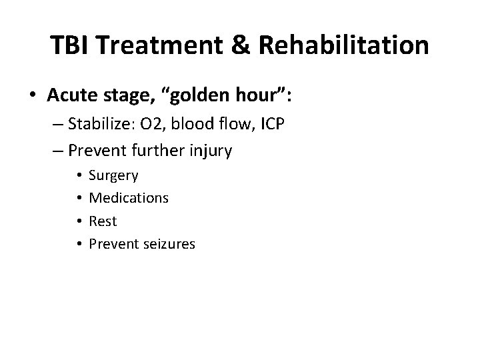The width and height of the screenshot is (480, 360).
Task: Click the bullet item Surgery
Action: pyautogui.click(x=113, y=176)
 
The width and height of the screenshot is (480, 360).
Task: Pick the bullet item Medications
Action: pyautogui.click(x=129, y=198)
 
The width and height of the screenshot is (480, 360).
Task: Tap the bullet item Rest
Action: pyautogui.click(x=102, y=221)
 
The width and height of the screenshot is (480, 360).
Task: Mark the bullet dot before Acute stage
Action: pyautogui.click(x=31, y=95)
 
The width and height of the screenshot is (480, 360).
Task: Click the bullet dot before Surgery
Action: pyautogui.click(x=79, y=176)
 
